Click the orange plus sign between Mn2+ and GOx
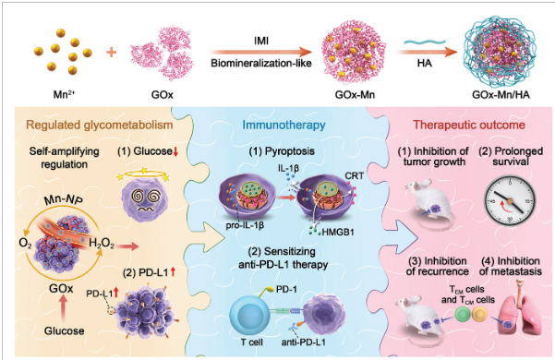click(112, 53)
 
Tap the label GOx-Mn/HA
click(501, 95)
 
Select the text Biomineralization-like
click(261, 64)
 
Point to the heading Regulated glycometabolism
click(100, 125)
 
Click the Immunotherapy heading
click(284, 125)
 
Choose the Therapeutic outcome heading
click(469, 125)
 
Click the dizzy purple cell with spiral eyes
click(144, 199)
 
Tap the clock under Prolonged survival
click(510, 200)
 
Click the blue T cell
click(249, 316)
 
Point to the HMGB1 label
click(338, 233)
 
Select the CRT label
click(354, 176)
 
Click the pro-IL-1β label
click(245, 225)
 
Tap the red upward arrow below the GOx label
click(63, 307)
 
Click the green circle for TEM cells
click(463, 315)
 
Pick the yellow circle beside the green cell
click(479, 315)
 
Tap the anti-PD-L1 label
click(303, 342)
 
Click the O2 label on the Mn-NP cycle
click(26, 244)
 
